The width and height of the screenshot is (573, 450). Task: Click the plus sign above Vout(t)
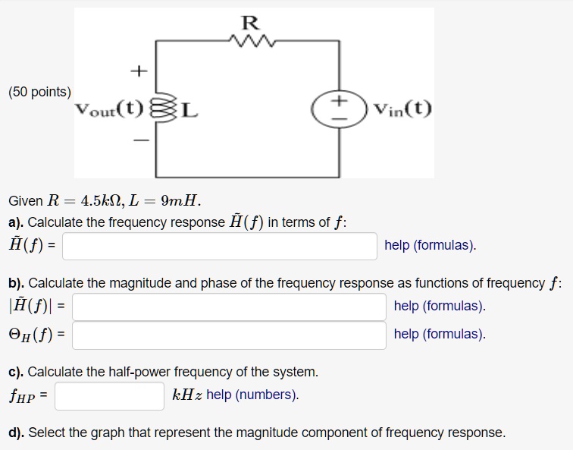(x=137, y=72)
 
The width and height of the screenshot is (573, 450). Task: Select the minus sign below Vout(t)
(x=138, y=141)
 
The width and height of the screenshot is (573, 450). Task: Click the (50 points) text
(x=39, y=92)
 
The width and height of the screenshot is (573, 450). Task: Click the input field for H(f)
(x=219, y=246)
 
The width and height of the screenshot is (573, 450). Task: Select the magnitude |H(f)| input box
(x=229, y=307)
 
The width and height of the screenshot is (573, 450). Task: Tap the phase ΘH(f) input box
(x=229, y=335)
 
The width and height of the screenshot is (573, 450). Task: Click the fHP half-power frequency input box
(x=109, y=395)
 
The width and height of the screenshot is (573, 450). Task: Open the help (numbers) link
(x=252, y=395)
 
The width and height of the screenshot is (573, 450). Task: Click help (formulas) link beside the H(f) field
(x=430, y=245)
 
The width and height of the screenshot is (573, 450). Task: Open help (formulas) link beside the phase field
(x=440, y=334)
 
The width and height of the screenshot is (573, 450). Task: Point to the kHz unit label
(x=187, y=395)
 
